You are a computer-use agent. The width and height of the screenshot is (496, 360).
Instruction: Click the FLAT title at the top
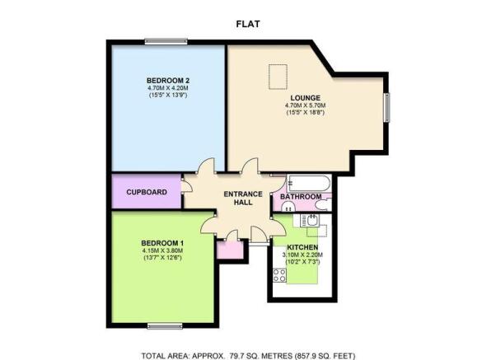(248, 24)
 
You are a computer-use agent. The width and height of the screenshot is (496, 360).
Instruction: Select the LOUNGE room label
(305, 98)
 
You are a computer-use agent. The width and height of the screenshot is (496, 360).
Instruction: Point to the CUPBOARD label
(147, 192)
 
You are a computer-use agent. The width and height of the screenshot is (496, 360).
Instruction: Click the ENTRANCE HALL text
(243, 198)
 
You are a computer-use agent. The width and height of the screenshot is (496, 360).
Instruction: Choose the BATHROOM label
(301, 196)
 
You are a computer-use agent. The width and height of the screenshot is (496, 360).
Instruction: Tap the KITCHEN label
(302, 247)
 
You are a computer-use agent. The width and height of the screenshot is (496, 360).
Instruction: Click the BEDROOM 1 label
(162, 243)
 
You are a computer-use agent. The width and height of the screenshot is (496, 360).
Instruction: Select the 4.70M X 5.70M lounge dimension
(305, 105)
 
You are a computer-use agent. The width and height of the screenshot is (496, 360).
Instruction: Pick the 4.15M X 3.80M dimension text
(162, 250)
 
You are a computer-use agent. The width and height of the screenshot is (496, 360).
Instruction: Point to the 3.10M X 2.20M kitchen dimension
(302, 255)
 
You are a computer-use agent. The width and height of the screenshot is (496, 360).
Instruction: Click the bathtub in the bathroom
(309, 183)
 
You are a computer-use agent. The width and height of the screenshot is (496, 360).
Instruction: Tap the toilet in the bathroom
(324, 204)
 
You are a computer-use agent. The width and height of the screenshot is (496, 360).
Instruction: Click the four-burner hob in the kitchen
(279, 275)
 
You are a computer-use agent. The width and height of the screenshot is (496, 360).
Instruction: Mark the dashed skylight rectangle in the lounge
(278, 77)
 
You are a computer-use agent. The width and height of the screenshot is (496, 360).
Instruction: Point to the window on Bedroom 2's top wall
(166, 41)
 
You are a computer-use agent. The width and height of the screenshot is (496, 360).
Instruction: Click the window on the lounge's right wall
(387, 108)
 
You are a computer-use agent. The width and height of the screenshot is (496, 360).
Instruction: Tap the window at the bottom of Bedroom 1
(165, 326)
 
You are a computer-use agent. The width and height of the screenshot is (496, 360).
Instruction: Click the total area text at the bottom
(248, 356)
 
